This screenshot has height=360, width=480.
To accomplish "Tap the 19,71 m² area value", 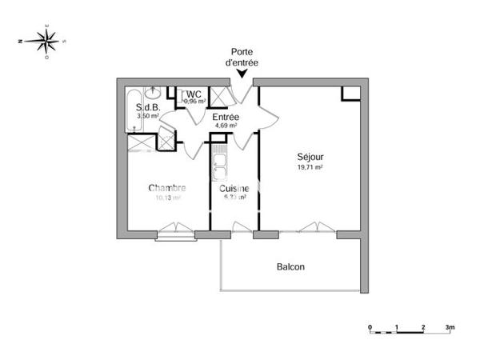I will [x=309, y=168].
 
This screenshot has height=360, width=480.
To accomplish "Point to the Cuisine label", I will [x=230, y=188].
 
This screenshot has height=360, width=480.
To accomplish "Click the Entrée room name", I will [x=226, y=117].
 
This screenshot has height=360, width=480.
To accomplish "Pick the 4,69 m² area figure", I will [x=226, y=126].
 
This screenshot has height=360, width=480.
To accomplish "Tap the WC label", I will [x=194, y=94].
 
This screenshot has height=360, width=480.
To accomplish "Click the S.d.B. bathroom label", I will [x=148, y=107].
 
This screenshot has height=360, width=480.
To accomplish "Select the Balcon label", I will [x=290, y=267].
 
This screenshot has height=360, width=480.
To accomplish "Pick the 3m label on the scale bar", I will [x=450, y=327].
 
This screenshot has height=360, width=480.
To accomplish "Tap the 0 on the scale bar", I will [x=370, y=327].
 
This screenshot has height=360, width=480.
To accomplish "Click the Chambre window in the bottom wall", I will [x=175, y=234].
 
